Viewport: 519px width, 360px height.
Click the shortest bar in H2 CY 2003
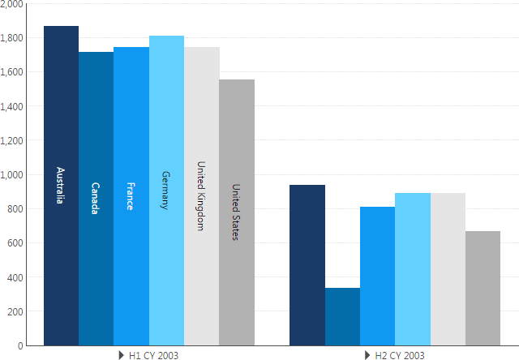342,316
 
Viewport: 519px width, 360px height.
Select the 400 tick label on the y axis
15,277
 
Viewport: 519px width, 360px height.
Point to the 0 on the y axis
20,345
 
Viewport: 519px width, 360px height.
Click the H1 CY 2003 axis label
154,355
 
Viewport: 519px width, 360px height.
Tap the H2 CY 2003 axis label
400,355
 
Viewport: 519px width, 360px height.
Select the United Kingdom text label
201,195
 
